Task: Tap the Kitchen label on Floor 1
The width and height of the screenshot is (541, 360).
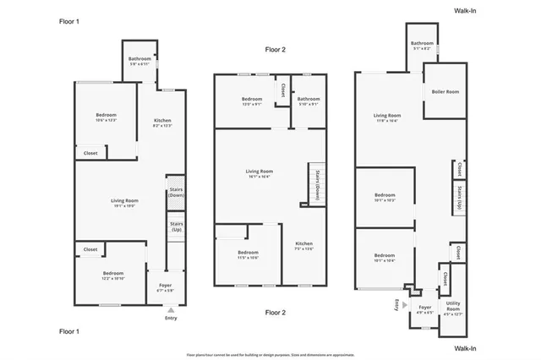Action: [x=162, y=123]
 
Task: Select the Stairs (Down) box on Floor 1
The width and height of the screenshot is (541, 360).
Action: [x=176, y=192]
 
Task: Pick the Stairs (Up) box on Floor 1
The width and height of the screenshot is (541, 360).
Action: [x=176, y=226]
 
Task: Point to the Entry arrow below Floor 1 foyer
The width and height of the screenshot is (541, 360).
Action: [x=171, y=310]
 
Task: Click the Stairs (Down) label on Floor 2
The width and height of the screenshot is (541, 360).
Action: [x=317, y=182]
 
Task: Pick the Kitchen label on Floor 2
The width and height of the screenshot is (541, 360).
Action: [x=303, y=246]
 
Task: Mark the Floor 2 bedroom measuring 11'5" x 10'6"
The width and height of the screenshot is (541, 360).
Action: [x=248, y=255]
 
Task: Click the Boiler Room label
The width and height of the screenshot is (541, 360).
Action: [x=445, y=92]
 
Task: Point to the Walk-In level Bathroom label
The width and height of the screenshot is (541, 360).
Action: [x=422, y=46]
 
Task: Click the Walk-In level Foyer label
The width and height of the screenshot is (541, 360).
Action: [x=425, y=309]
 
